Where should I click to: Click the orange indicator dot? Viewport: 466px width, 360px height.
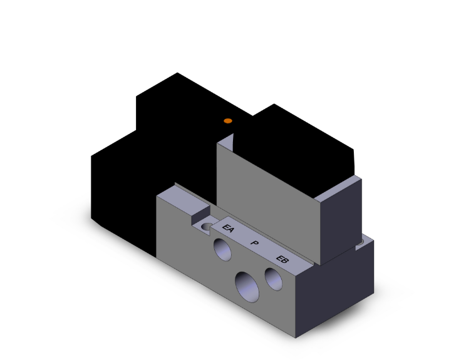click(228, 120)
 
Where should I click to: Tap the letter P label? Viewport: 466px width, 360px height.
click(254, 243)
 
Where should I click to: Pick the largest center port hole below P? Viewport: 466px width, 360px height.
click(247, 286)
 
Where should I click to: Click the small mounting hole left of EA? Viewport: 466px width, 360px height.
click(205, 224)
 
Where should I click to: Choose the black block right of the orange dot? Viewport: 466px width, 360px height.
click(294, 141)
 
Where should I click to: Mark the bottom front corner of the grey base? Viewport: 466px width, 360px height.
click(296, 337)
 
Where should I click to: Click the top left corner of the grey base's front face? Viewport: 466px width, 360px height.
click(157, 196)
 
